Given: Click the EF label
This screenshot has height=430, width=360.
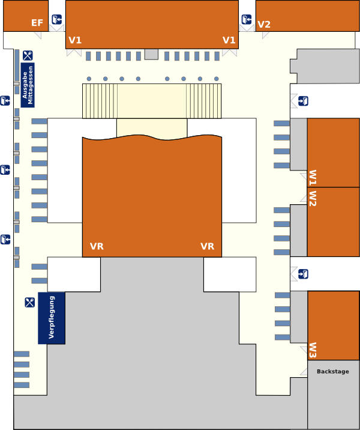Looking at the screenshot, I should (37, 23).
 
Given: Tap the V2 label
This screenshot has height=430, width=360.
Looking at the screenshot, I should (264, 25).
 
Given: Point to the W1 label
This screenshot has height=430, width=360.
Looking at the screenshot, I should (313, 178).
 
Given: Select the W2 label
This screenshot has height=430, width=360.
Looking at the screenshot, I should (313, 198).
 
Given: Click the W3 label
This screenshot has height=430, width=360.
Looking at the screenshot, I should (313, 351).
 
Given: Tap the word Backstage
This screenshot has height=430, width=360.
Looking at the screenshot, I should (332, 372).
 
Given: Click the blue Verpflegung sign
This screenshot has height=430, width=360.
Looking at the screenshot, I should (51, 318).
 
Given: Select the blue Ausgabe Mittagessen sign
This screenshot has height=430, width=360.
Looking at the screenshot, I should (28, 85).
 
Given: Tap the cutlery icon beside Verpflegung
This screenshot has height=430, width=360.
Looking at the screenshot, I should (30, 302).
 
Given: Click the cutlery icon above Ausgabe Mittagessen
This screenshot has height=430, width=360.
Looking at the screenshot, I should (28, 56).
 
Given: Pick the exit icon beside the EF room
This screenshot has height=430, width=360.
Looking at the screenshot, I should (56, 20).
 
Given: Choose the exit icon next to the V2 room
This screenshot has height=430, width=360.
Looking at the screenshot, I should (247, 20).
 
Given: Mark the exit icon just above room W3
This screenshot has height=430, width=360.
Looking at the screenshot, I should (304, 274).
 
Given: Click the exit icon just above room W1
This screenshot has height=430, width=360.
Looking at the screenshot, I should (304, 101).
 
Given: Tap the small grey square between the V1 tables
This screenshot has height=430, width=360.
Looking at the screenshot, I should (151, 55).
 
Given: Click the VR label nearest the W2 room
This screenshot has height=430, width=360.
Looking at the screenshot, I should (207, 246).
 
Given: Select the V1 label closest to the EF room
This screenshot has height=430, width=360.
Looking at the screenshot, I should (75, 40).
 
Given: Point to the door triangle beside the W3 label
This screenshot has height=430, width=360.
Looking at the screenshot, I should (304, 348).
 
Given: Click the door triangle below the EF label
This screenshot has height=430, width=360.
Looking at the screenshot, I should (37, 35).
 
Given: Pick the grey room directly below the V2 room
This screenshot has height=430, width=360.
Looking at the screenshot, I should (328, 66).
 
